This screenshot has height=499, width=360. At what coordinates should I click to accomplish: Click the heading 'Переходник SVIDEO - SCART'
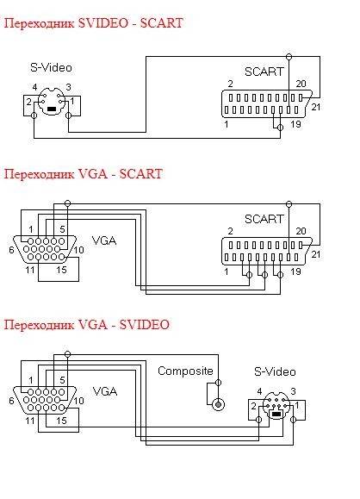click(x=94, y=23)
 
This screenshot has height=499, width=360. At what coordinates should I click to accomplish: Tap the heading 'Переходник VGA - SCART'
click(x=84, y=174)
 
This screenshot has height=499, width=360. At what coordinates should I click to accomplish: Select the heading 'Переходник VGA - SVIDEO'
click(x=86, y=325)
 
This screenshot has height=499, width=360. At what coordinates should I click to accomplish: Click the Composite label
click(x=185, y=371)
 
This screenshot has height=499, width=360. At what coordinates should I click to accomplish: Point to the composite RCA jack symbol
click(x=218, y=404)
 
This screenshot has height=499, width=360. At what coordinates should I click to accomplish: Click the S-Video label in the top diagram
click(x=51, y=67)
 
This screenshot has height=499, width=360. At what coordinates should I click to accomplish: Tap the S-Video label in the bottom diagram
click(x=275, y=371)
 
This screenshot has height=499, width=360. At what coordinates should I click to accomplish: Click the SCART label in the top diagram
click(x=264, y=72)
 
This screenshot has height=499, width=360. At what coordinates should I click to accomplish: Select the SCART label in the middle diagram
click(x=264, y=219)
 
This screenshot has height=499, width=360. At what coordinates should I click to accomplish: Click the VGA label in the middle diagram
click(x=104, y=240)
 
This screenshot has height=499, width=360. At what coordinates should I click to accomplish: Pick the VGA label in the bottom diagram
click(x=105, y=391)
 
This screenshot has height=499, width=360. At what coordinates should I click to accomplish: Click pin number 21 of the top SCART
click(x=316, y=107)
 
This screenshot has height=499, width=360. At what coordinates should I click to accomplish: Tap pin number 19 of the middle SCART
click(x=295, y=271)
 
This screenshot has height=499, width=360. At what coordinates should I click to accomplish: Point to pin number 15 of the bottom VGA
click(x=61, y=421)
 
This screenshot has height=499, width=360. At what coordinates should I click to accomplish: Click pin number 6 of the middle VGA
click(x=11, y=250)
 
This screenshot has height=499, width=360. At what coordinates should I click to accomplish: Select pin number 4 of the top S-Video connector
click(x=34, y=87)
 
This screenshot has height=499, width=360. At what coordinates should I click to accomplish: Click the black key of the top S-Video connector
click(x=52, y=109)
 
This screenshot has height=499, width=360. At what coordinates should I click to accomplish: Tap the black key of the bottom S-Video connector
click(x=276, y=414)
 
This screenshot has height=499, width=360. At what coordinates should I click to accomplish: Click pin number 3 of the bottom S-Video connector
click(x=293, y=391)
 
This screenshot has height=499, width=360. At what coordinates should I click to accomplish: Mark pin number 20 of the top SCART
click(x=301, y=84)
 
